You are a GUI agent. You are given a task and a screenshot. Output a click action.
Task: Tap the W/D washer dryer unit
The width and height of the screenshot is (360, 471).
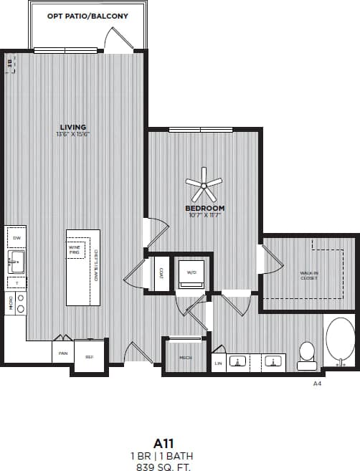click(191, 273)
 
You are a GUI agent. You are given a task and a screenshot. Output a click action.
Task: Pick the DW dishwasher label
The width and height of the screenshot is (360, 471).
click(16, 237)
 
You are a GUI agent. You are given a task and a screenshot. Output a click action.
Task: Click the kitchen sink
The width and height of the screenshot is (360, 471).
click(15, 261)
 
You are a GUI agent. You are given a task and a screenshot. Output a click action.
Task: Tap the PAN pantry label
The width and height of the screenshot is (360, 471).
click(63, 353)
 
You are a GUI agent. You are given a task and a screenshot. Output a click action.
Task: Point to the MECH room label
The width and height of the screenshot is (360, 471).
click(185, 357)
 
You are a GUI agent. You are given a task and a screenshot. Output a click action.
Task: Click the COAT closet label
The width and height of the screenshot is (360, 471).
click(161, 273)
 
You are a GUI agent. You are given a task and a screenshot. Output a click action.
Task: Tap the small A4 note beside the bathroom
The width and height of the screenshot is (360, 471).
click(317, 384)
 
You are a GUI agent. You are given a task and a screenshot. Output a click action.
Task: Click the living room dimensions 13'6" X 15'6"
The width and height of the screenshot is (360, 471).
click(72, 134)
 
